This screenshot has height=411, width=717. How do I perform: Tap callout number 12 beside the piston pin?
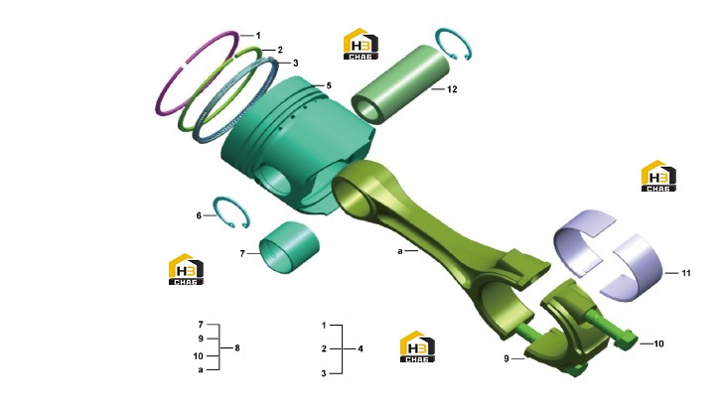click(452, 89)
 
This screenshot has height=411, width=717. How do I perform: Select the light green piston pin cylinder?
click(400, 84)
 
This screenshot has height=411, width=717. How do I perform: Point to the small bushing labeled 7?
click(289, 248)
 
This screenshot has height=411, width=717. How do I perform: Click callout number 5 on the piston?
click(329, 85)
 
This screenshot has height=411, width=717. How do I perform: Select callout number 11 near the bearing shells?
click(686, 273)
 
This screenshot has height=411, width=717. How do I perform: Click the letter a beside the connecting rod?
click(400, 251)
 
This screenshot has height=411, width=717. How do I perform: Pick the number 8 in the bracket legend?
click(237, 347)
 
